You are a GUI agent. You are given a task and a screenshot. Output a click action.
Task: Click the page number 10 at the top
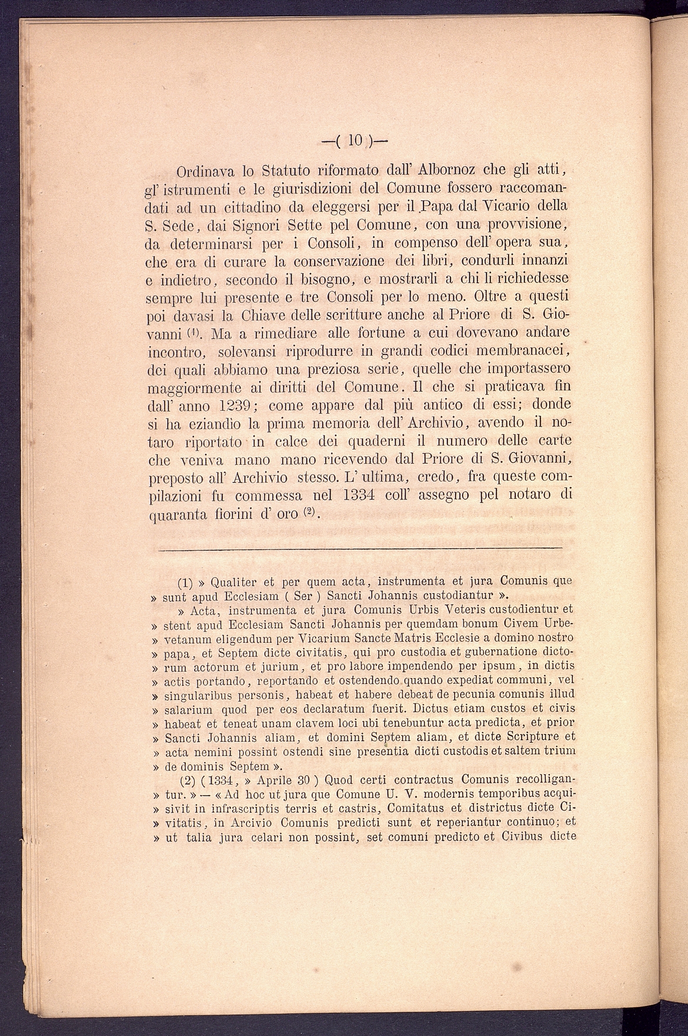(355, 141)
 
